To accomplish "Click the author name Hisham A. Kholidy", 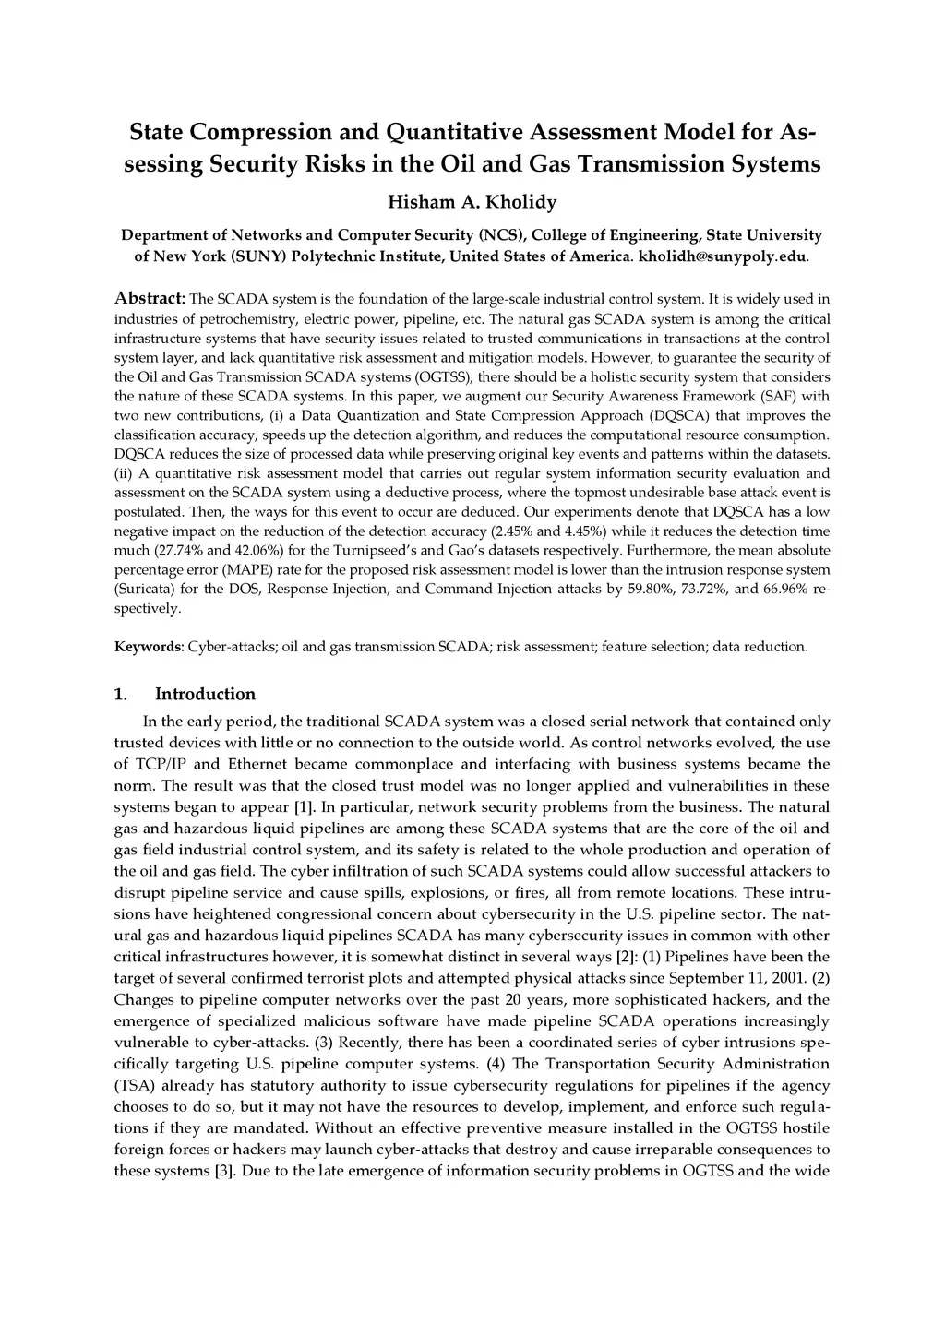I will (472, 201).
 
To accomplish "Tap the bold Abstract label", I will (150, 299).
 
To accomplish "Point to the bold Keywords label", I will (149, 647).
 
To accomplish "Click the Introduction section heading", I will (205, 694).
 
